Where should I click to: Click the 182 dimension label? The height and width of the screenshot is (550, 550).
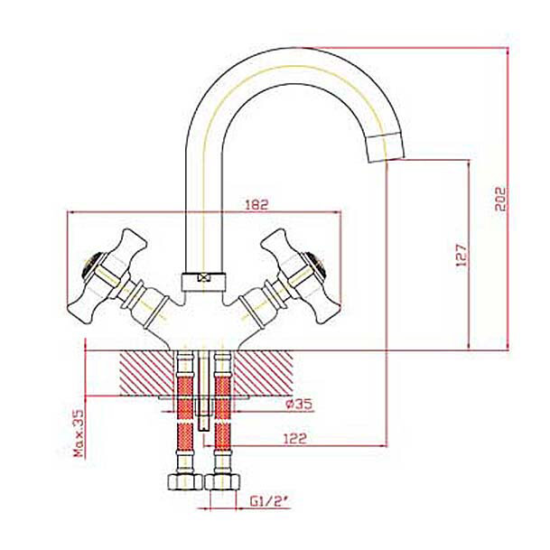pyautogui.click(x=257, y=205)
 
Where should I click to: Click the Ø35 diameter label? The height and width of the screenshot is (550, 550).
pyautogui.click(x=298, y=404)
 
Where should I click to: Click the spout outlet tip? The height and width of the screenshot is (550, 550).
pyautogui.click(x=385, y=145)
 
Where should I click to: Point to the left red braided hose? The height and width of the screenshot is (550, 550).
pyautogui.click(x=185, y=397)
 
